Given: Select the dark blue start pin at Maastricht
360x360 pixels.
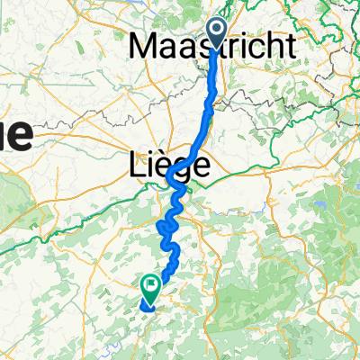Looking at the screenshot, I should (218, 31).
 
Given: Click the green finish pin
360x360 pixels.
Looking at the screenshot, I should (149, 288).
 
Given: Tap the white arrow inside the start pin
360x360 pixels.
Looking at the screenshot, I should (218, 30).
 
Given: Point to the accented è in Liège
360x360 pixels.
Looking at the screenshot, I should (163, 165).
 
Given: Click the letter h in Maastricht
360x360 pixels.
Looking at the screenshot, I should (269, 45).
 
